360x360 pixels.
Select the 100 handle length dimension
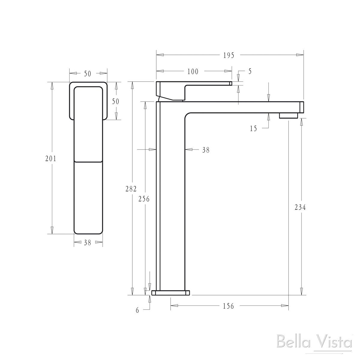click(x=193, y=71)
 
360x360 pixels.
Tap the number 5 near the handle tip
click(x=250, y=71)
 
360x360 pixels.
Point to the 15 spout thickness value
click(x=253, y=128)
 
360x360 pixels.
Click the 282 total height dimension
click(x=131, y=189)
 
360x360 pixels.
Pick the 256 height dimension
click(x=144, y=199)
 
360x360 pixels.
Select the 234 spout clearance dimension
click(x=300, y=207)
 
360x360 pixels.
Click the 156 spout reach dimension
click(x=228, y=306)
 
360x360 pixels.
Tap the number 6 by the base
click(x=137, y=310)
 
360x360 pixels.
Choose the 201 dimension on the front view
click(x=51, y=158)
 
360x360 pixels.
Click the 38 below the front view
click(x=87, y=243)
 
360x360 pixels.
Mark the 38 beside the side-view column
click(x=206, y=150)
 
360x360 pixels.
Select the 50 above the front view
click(x=88, y=73)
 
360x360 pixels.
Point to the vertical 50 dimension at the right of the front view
click(x=115, y=101)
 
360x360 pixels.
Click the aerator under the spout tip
click(x=288, y=115)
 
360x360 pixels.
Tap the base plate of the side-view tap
click(x=171, y=292)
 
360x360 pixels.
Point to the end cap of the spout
click(x=302, y=107)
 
